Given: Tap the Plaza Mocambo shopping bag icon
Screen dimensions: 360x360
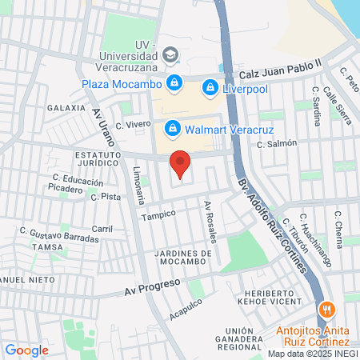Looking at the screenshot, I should [x=174, y=82].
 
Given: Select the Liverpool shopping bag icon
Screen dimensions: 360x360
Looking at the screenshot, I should [x=210, y=86].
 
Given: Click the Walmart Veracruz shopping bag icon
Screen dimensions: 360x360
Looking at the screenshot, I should [x=171, y=128].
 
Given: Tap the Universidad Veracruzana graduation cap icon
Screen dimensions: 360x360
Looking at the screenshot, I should [x=170, y=54].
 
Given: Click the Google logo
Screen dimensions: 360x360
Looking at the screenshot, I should [x=26, y=350].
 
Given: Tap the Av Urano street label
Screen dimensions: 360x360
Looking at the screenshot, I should [x=104, y=127].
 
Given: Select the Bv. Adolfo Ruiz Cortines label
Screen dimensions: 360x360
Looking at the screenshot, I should [x=271, y=226].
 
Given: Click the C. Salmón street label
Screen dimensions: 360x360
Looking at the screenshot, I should [x=277, y=143].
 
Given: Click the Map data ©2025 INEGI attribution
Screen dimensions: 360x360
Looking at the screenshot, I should [x=312, y=354].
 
